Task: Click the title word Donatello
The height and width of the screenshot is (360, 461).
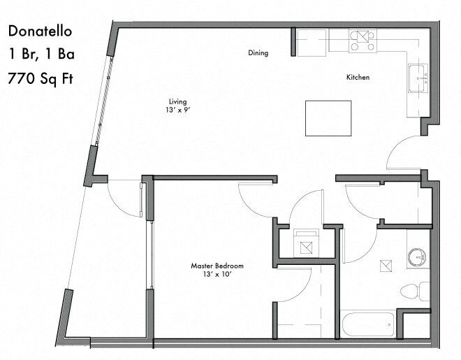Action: pyautogui.click(x=41, y=31)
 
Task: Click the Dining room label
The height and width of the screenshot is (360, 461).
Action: pyautogui.click(x=258, y=53)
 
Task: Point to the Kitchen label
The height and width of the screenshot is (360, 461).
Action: pyautogui.click(x=358, y=77)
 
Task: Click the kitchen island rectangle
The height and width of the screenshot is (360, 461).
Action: pyautogui.click(x=328, y=118)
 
